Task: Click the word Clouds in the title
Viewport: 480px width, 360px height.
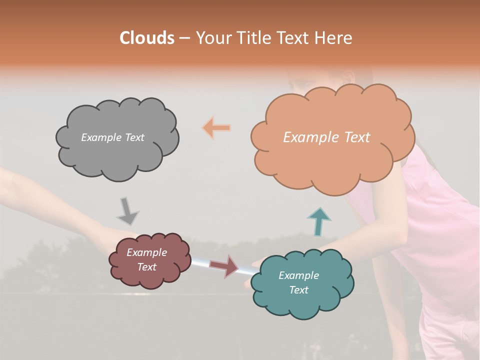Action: (146, 38)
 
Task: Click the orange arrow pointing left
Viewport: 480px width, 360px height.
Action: (217, 128)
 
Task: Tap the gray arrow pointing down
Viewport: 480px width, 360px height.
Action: (127, 210)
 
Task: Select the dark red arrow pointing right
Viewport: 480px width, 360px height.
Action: (224, 265)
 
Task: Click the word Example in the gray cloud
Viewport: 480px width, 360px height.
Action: (100, 137)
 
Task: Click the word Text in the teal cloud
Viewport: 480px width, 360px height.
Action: (298, 290)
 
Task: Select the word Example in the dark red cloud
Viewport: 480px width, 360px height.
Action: (146, 252)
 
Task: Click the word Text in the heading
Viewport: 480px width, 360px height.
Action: (297, 38)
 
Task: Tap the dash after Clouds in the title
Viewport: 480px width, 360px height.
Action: (183, 38)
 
